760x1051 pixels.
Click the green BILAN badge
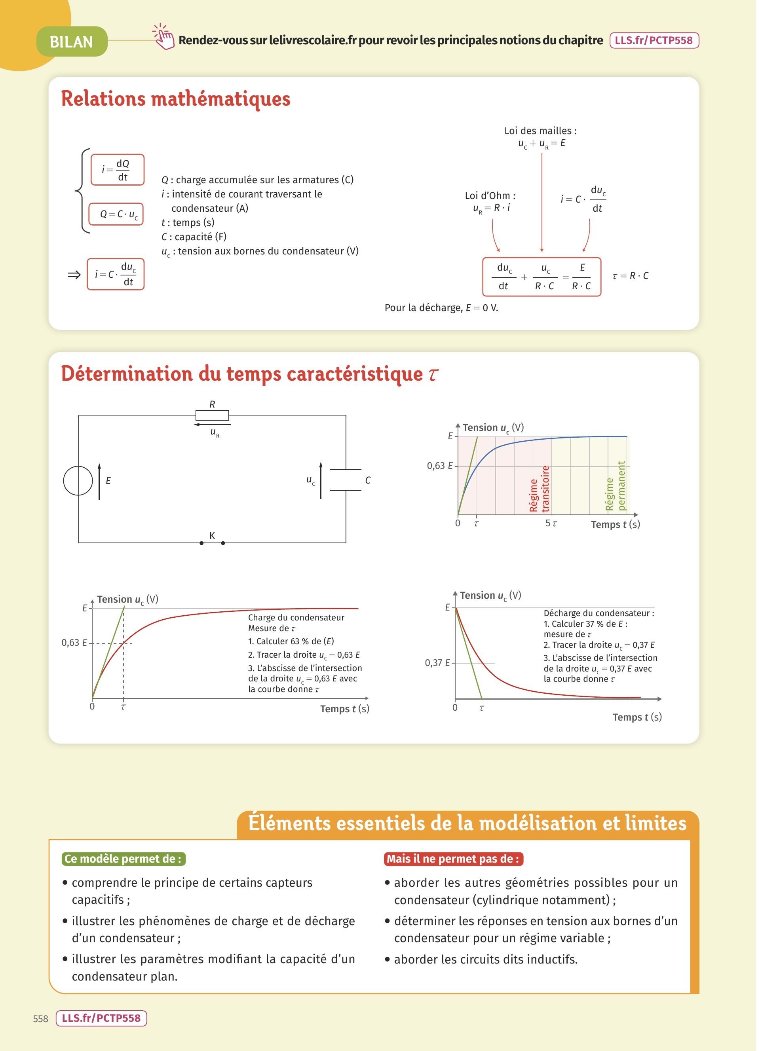(x=72, y=42)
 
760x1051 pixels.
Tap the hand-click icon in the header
(x=163, y=37)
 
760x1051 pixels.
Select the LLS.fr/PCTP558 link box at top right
(x=654, y=40)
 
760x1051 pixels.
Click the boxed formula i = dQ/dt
(x=117, y=170)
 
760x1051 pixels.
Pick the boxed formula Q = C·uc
(x=116, y=214)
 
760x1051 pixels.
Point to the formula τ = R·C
(x=630, y=276)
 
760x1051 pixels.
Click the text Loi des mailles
(x=540, y=131)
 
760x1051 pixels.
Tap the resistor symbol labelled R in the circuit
(x=212, y=415)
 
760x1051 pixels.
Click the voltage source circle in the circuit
(x=78, y=480)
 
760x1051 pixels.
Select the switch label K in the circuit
(x=212, y=536)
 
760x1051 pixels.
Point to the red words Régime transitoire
(x=539, y=489)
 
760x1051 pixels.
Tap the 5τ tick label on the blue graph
(x=551, y=523)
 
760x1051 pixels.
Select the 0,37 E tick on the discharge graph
(x=437, y=663)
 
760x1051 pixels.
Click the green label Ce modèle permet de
(x=123, y=859)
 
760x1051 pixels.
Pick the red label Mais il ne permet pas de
(x=453, y=859)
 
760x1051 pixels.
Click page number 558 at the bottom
(x=41, y=1019)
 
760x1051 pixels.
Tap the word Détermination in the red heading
(x=127, y=374)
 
